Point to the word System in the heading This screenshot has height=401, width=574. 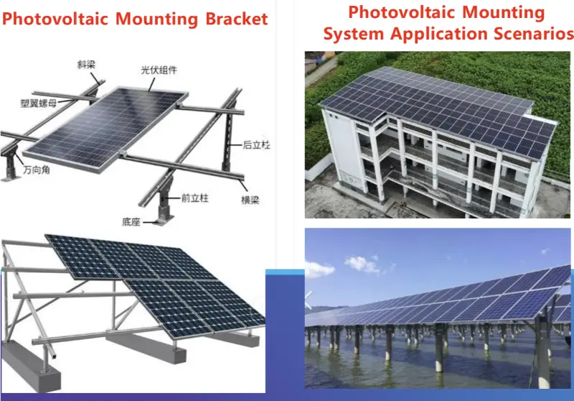[352, 34]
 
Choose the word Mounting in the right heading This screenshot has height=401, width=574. [506, 12]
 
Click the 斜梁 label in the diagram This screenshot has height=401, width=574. [87, 65]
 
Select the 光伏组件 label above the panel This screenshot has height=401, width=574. [159, 70]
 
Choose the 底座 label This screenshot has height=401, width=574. [131, 223]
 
